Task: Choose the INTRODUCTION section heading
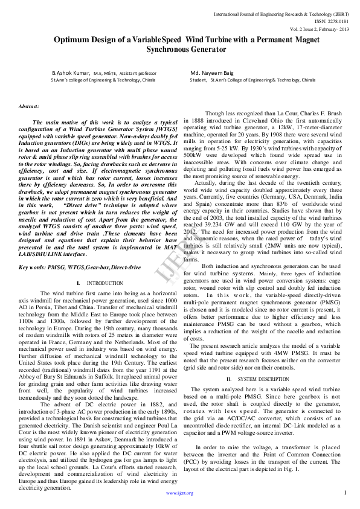click(x=105, y=283)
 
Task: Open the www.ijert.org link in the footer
click(x=179, y=493)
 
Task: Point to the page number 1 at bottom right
click(x=344, y=493)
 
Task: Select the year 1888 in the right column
click(x=197, y=121)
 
